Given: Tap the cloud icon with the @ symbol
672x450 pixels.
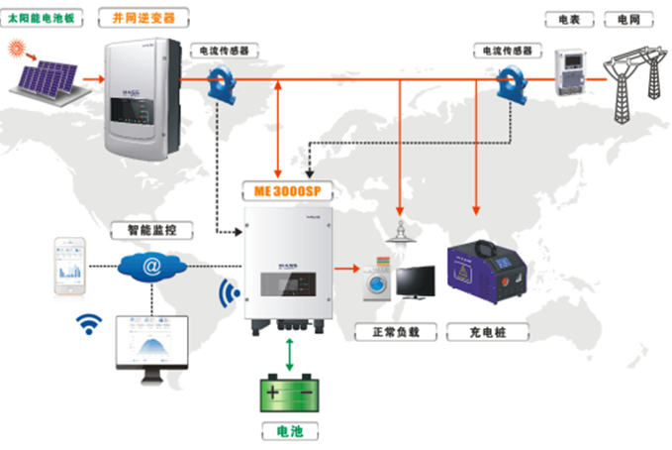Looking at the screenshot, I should (x=150, y=266).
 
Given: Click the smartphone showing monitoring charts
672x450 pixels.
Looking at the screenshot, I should (x=70, y=265).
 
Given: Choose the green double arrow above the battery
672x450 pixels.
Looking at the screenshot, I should (x=288, y=351).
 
